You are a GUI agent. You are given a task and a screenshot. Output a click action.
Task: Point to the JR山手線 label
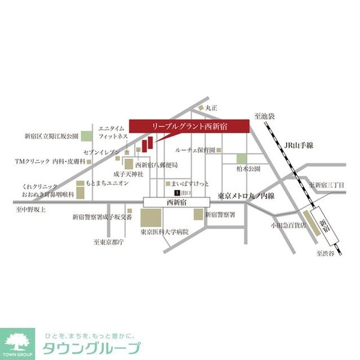click(299, 146)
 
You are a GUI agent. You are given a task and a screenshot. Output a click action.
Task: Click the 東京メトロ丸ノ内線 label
click(246, 196)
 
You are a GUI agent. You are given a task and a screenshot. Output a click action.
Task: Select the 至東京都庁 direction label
click(108, 242)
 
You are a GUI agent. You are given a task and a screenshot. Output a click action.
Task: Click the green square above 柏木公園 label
click(241, 158)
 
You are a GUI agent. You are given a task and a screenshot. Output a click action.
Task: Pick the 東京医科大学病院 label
click(164, 231)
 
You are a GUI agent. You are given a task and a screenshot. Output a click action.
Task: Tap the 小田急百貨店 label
click(287, 226)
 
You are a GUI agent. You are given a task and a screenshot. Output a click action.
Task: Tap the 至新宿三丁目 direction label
click(328, 185)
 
